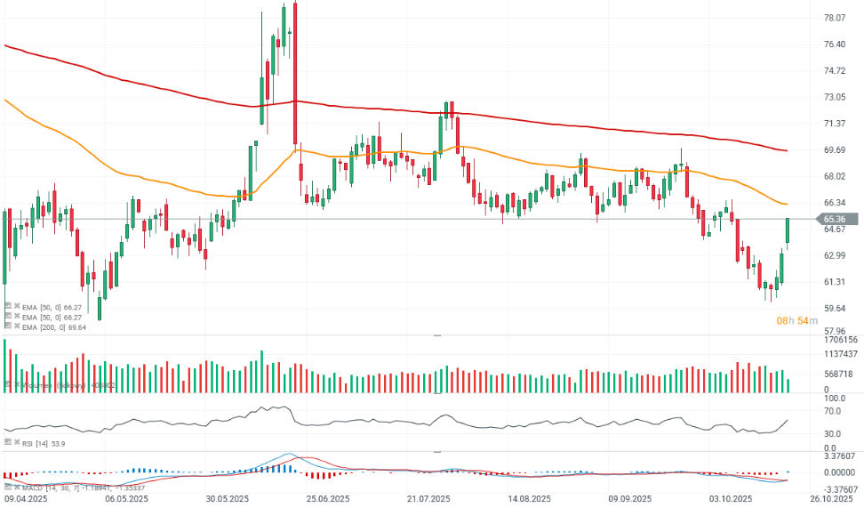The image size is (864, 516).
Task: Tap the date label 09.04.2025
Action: (x=25, y=500)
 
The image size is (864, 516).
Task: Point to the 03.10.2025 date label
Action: (x=732, y=500)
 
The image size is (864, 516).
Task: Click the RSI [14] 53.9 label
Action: (x=44, y=442)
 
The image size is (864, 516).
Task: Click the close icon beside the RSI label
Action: (x=17, y=442)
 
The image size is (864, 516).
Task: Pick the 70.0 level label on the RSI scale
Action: (x=833, y=412)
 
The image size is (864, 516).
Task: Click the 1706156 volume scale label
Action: (x=840, y=340)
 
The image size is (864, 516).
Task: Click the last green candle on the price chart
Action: (x=788, y=230)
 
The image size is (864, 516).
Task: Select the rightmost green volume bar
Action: (x=788, y=385)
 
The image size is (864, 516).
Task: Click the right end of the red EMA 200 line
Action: (x=787, y=150)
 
